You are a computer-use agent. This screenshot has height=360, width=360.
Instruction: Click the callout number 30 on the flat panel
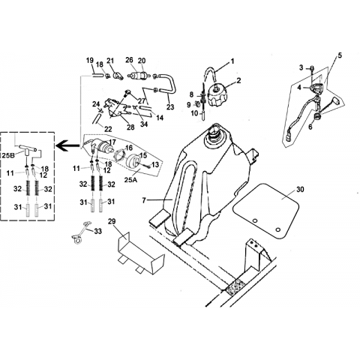(300, 190)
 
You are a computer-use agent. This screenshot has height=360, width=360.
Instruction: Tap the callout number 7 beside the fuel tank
(144, 200)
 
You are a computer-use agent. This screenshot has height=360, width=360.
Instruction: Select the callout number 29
(112, 221)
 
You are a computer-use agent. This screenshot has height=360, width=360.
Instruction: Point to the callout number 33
(97, 232)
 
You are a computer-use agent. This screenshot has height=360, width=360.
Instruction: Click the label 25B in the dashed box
(8, 155)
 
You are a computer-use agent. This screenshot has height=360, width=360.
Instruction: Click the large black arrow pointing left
(67, 145)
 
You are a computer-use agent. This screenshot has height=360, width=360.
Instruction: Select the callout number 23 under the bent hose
(170, 107)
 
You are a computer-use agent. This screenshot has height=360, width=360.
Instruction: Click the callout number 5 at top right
(340, 55)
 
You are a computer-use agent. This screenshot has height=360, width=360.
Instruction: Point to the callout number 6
(310, 127)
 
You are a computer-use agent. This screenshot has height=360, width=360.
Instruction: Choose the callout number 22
(108, 129)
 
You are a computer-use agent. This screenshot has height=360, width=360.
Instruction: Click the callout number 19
(90, 61)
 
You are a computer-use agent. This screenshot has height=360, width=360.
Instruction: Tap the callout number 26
(129, 60)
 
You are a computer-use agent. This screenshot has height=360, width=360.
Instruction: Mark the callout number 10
(194, 113)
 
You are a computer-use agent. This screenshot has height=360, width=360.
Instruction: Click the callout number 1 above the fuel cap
(232, 61)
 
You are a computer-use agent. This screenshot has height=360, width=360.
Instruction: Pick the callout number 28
(130, 127)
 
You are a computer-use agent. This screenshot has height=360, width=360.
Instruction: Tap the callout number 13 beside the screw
(155, 164)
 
